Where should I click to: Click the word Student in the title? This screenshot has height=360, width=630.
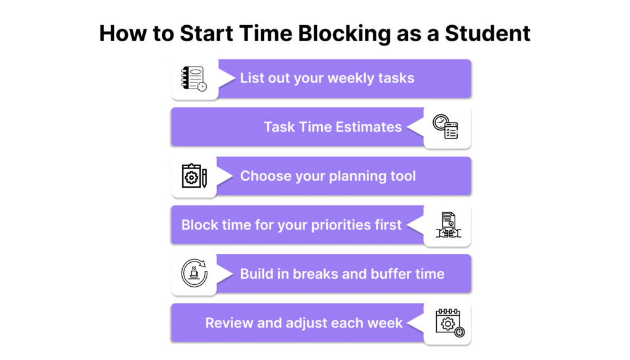(x=487, y=33)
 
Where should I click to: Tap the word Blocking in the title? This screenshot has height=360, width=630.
(x=345, y=34)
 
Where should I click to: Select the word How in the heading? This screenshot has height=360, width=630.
(x=123, y=33)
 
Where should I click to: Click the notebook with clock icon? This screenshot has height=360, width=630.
(x=194, y=78)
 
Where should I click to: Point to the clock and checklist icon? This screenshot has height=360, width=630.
(x=445, y=127)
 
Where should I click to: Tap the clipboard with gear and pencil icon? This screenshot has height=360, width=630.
(x=194, y=175)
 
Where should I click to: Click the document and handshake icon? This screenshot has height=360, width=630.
(x=449, y=225)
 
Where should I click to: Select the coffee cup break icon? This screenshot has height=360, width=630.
(x=194, y=273)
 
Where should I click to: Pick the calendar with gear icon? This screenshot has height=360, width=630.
(x=450, y=322)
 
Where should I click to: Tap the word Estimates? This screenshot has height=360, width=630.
(x=369, y=127)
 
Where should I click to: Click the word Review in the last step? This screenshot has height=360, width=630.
(x=229, y=323)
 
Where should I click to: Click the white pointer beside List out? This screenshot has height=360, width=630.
(x=227, y=78)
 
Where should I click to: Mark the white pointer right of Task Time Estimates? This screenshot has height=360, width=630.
(x=415, y=127)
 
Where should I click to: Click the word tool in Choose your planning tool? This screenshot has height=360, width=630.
(x=402, y=176)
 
